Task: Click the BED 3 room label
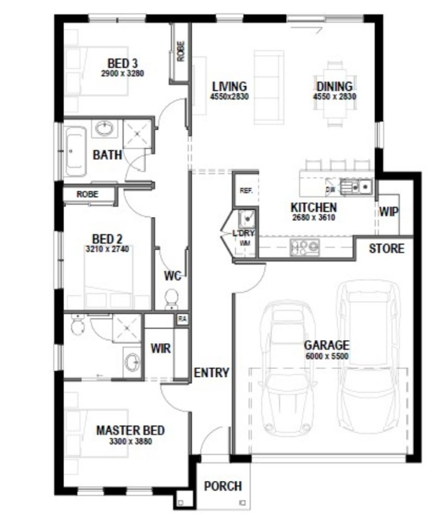coord(122,63)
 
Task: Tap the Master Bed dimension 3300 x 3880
coord(130,441)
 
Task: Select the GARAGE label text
coord(326,345)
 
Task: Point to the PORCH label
coord(223,486)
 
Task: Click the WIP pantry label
coord(389,212)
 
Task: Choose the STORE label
coord(386,248)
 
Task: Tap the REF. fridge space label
coord(246,191)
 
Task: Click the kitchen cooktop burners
coord(305,247)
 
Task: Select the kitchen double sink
coord(356,187)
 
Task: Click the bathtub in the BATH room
coord(76,151)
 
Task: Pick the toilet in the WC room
coord(171,299)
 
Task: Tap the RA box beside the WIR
coord(182,319)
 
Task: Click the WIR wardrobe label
coord(161,349)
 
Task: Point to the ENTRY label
coord(211,373)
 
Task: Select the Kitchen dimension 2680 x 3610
coord(314,217)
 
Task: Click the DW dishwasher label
coord(330,189)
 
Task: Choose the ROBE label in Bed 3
coord(181,51)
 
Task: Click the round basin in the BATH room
coord(104,128)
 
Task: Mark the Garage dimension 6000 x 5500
coord(327,355)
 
